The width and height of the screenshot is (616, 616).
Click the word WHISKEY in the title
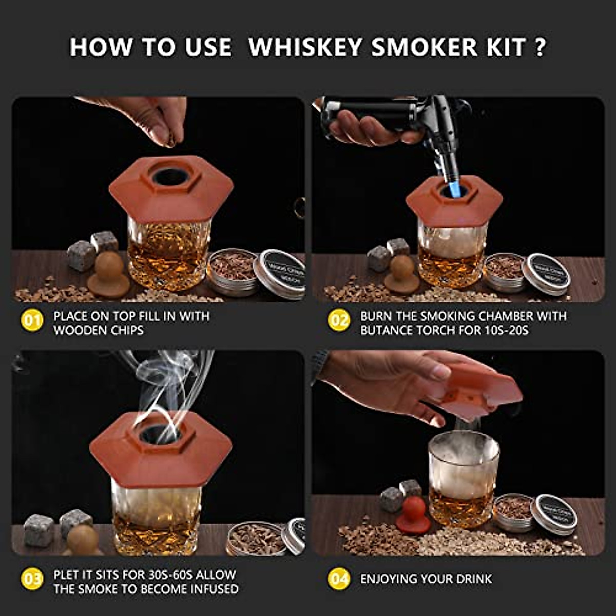coord(306,47)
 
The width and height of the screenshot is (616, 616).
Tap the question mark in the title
coord(538,47)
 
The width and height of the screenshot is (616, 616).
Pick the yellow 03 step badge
coord(32,580)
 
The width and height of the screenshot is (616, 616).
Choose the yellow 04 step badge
coord(339,580)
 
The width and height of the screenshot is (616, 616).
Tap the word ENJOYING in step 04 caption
coord(389,579)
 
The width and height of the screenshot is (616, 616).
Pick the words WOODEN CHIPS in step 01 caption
coord(99,330)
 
